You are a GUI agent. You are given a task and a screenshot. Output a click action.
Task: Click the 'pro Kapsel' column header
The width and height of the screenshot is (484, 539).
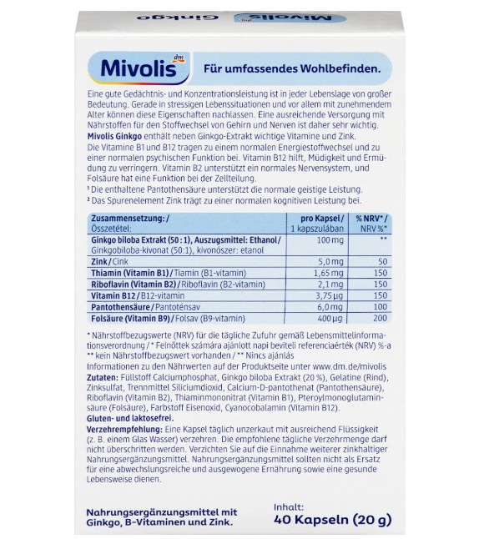(x=313, y=217)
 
